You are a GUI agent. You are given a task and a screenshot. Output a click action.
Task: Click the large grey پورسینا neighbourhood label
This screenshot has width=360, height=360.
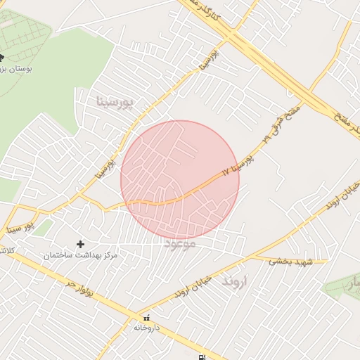point(124,103)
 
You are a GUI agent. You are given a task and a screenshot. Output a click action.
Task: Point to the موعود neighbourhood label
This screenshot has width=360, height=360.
point(180,244)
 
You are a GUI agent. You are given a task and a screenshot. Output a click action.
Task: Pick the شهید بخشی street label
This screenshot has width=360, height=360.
point(290,261)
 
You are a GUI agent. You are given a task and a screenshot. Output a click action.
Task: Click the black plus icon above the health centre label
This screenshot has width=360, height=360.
point(80,243)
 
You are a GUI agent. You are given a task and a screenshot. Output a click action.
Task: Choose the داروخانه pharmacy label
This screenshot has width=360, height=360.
point(147,328)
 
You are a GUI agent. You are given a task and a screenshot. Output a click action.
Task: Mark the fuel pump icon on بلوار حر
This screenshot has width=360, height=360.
point(203,356)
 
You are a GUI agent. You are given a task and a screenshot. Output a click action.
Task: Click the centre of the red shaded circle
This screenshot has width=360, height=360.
point(180,180)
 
